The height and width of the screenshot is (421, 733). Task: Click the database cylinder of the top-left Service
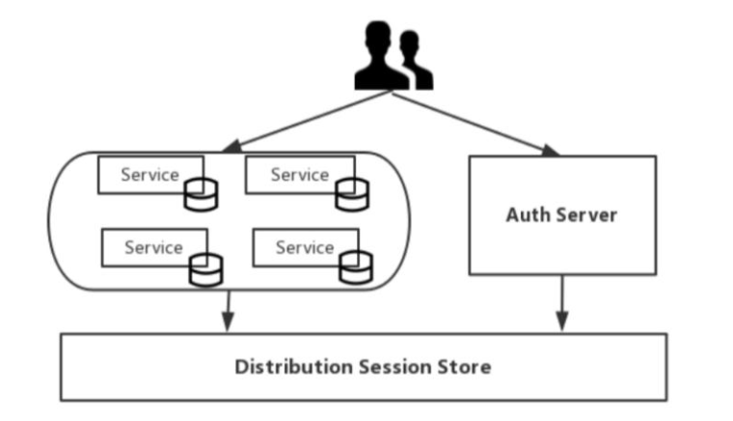pos(200,195)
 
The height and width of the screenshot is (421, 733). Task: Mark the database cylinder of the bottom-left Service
pos(205,269)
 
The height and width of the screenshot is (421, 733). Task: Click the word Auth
pos(529,214)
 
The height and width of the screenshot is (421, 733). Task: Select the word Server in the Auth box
pos(587,214)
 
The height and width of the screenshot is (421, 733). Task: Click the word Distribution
pos(294,367)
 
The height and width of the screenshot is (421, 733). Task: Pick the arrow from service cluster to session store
pos(228,311)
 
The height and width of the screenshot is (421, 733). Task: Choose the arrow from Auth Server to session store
pos(562,303)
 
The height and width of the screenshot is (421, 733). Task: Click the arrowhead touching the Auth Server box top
pos(550,151)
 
